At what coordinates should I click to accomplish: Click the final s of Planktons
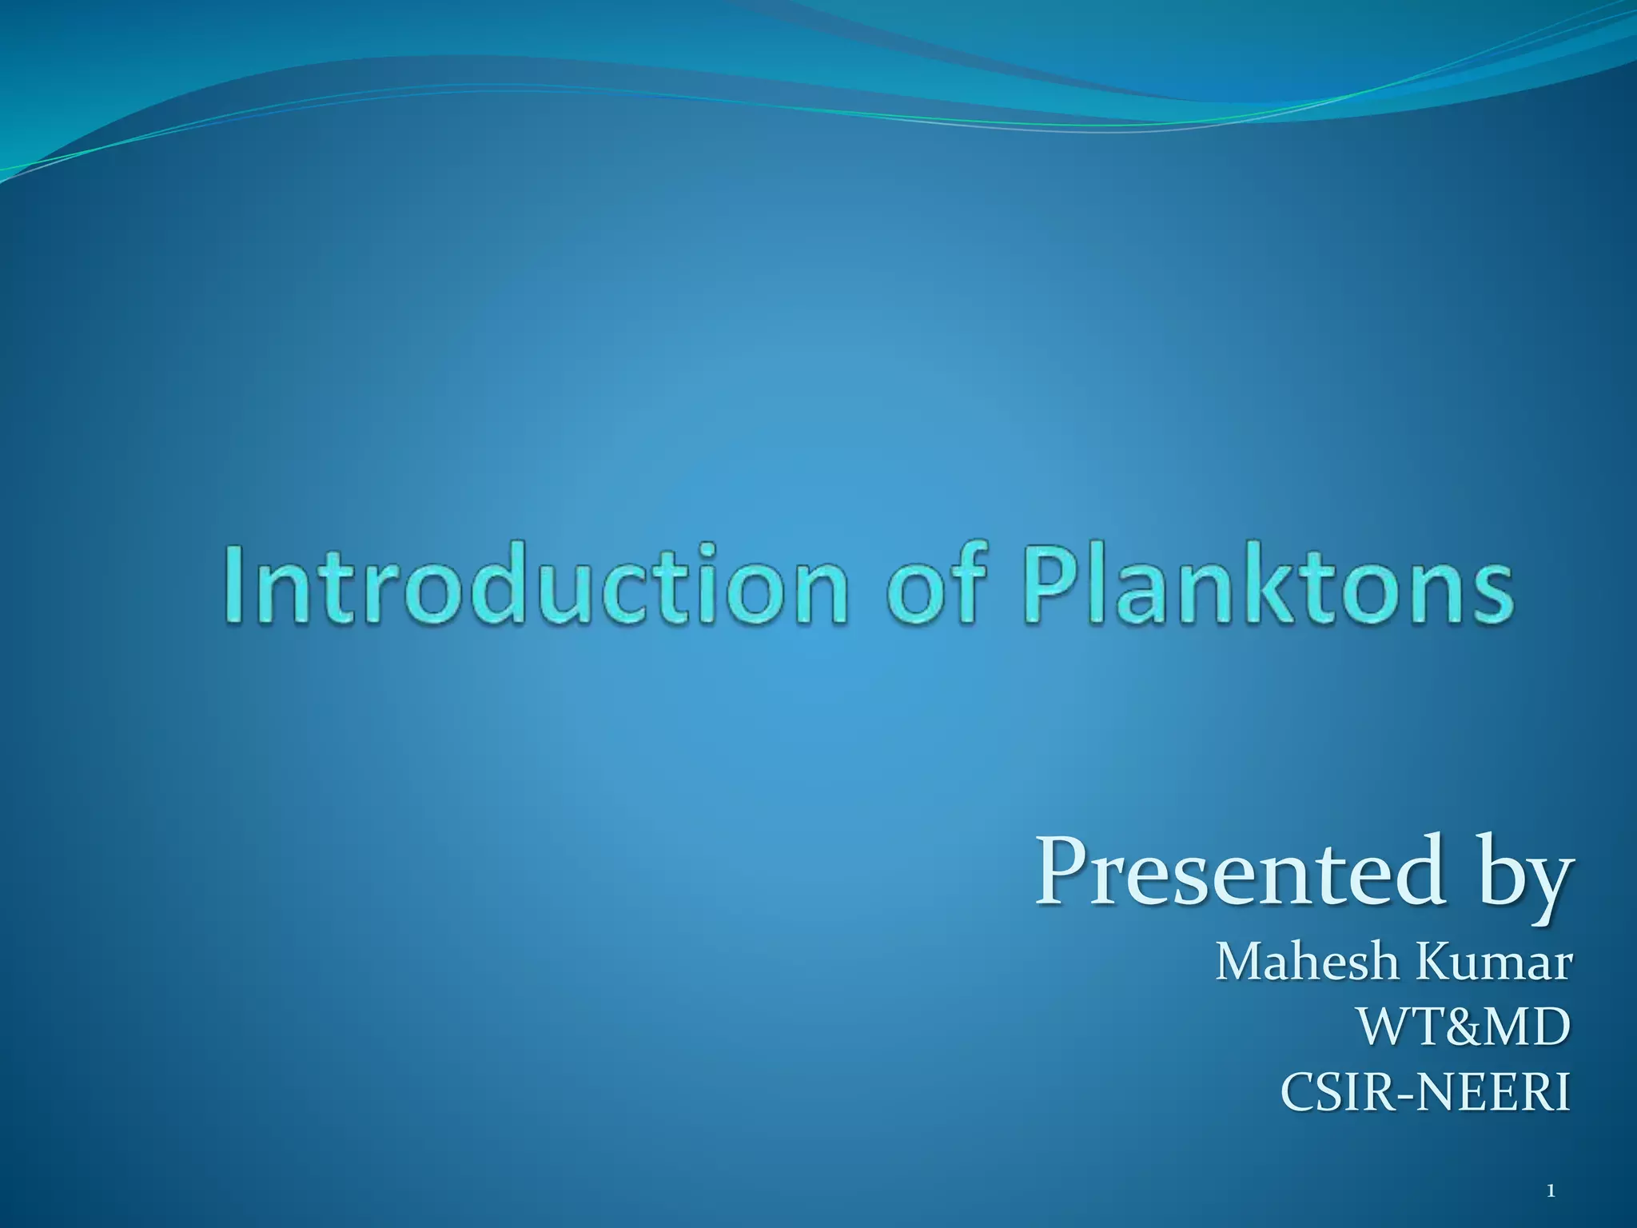pyautogui.click(x=1490, y=592)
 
